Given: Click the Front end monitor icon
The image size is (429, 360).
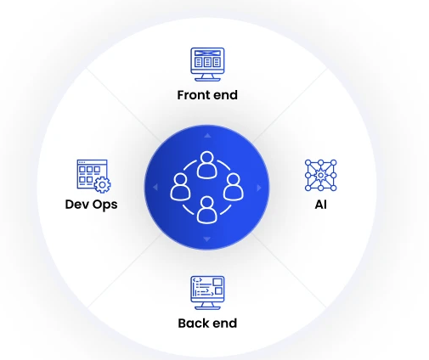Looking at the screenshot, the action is [207, 65].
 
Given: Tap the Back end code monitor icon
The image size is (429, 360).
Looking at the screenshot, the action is [207, 293].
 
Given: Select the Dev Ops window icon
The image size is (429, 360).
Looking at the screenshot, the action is [93, 176].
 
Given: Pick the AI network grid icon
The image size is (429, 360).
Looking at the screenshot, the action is [320, 176].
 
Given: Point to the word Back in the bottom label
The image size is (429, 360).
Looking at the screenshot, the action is [194, 323].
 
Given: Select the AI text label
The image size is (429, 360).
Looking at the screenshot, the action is [320, 205].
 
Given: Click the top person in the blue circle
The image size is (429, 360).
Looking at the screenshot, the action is [207, 165].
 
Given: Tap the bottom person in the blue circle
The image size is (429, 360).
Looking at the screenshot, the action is [207, 210].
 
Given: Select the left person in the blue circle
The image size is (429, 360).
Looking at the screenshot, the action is [180, 187].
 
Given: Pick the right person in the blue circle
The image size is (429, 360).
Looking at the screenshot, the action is [234, 187].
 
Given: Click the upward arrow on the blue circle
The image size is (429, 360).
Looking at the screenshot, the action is [207, 136].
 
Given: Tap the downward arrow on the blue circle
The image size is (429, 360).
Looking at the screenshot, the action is [207, 239].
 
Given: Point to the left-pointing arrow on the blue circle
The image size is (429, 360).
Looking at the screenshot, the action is [155, 187].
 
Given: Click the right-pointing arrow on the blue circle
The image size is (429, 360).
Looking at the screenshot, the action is [259, 188].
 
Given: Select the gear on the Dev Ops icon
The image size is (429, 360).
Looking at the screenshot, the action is [102, 185].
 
